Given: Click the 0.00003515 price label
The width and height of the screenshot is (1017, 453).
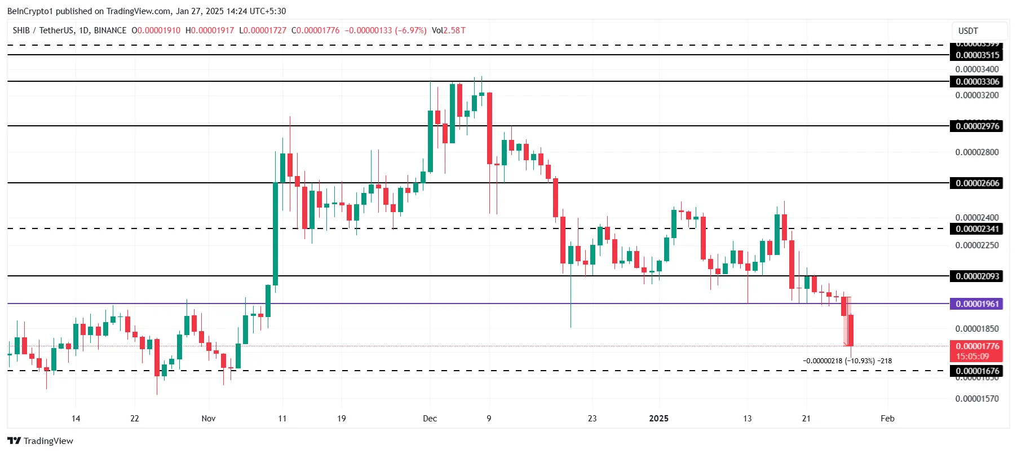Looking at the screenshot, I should (x=977, y=55).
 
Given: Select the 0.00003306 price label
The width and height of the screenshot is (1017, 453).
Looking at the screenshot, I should (x=977, y=82).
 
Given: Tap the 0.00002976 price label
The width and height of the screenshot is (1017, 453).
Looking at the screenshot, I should (x=977, y=126).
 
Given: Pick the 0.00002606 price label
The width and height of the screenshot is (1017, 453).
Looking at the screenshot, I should (x=977, y=183).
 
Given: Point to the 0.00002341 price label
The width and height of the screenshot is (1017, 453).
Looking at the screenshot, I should (x=977, y=228).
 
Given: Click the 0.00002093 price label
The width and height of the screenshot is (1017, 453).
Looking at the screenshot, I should (x=977, y=276).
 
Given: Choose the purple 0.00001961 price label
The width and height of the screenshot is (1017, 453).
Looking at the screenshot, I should (x=977, y=304).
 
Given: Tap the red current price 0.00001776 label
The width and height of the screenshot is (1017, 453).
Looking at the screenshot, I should (x=977, y=346).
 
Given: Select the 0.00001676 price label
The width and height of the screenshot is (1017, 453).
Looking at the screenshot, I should (x=977, y=371).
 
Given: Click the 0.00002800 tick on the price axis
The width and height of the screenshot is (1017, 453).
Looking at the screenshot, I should (x=977, y=152).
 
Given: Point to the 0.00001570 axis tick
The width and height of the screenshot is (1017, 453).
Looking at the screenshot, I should (x=977, y=399).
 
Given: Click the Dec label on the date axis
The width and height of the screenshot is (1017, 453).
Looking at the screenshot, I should (x=430, y=419).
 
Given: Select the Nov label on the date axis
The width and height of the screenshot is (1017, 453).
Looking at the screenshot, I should (x=209, y=419).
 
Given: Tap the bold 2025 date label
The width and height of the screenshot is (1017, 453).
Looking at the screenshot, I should (x=658, y=419).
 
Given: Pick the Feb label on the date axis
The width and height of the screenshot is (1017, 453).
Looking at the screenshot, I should (x=887, y=419).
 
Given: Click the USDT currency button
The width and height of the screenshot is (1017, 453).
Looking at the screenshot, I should (x=968, y=31).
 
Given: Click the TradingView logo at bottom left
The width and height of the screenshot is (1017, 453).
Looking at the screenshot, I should (x=40, y=441).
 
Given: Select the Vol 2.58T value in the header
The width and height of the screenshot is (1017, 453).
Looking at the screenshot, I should (x=449, y=30).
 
